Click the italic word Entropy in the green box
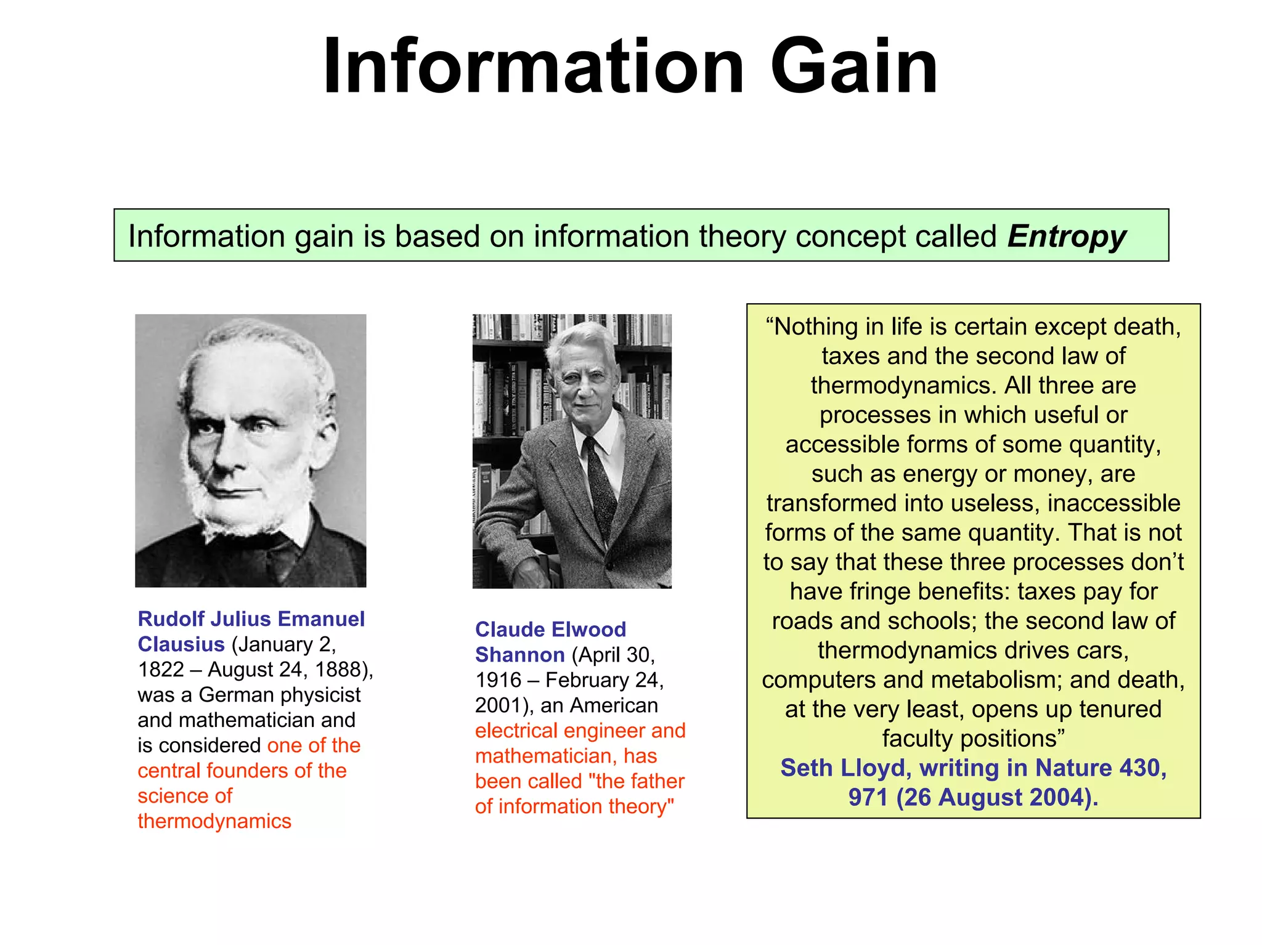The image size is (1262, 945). click(1066, 237)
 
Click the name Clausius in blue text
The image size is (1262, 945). click(181, 644)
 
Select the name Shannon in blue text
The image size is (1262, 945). click(519, 655)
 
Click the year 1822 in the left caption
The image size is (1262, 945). click(161, 670)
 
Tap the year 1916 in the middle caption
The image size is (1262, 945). click(498, 680)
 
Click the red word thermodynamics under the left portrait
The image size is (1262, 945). click(214, 821)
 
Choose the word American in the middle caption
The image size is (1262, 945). click(614, 705)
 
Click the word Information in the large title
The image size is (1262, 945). click(533, 67)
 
